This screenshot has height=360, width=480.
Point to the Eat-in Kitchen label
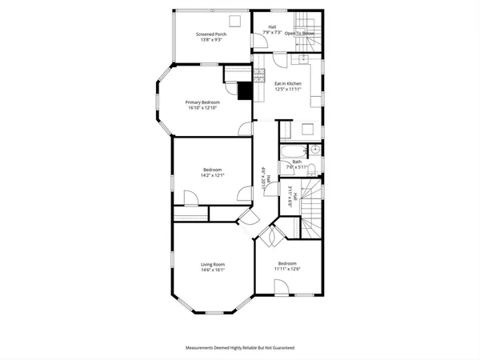click(287, 83)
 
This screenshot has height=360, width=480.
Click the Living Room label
click(212, 264)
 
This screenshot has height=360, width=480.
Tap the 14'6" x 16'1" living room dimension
click(212, 270)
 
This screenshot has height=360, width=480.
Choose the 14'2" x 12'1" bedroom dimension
click(213, 175)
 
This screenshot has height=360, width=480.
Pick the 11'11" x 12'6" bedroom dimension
click(287, 269)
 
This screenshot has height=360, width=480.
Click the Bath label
click(297, 162)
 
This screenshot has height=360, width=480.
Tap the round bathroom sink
click(315, 149)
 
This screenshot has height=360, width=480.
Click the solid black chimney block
click(246, 90)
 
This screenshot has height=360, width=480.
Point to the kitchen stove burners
click(259, 75)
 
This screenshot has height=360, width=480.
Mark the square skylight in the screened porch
click(236, 22)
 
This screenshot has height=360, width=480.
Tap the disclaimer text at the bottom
click(240, 349)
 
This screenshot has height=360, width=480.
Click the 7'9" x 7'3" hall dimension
click(272, 33)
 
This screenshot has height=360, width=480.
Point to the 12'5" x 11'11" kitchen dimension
click(287, 89)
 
